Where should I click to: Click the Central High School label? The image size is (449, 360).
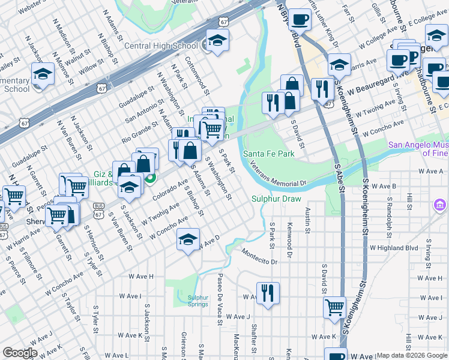(x=161, y=46)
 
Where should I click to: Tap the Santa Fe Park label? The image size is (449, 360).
(x=268, y=154)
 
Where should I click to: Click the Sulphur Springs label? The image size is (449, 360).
(x=197, y=301)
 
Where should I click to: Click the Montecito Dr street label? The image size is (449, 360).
(x=261, y=258)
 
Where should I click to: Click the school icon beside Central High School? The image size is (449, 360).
(x=215, y=41)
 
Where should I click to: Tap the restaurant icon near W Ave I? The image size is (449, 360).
(x=267, y=293)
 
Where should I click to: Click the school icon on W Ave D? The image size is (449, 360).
(x=188, y=239)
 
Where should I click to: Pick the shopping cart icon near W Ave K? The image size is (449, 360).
(x=335, y=307)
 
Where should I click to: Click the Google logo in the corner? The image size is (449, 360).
(x=20, y=353)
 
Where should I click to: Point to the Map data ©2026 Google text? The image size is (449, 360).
(x=412, y=355)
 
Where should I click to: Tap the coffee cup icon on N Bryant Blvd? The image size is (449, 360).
(x=300, y=19)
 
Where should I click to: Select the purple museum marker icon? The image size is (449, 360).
(x=440, y=206)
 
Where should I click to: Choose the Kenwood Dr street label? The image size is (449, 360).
(x=289, y=247)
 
